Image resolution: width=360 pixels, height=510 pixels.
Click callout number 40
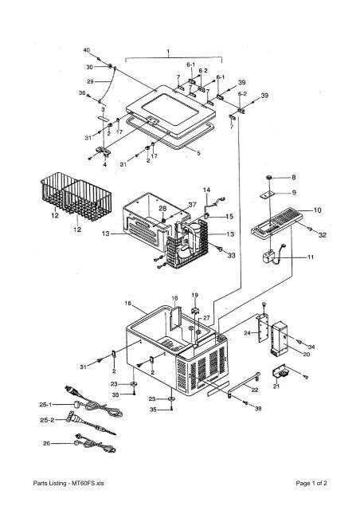pos(87,50)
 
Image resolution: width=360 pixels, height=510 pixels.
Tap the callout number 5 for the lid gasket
pos(198,153)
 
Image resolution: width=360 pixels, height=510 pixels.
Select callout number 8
pos(294,177)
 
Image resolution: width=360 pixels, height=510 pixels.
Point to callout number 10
pos(317,210)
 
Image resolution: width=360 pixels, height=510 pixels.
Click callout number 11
pos(311,257)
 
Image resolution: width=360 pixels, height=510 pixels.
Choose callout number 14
pos(206,190)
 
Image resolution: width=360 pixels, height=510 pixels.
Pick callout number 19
pos(195,296)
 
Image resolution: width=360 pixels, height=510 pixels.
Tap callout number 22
pos(255,390)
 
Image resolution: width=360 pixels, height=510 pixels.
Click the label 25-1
pos(45,405)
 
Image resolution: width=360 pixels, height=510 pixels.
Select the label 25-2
pos(47,420)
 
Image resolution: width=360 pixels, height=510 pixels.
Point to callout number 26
pos(47,443)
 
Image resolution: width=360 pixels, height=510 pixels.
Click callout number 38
pos(258,409)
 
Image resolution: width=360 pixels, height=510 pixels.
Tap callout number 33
pos(231,256)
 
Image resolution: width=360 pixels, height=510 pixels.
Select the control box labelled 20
pos(279,338)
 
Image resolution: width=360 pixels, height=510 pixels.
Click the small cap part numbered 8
pos(269,178)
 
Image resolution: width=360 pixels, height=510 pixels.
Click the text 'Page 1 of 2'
pos(311,483)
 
